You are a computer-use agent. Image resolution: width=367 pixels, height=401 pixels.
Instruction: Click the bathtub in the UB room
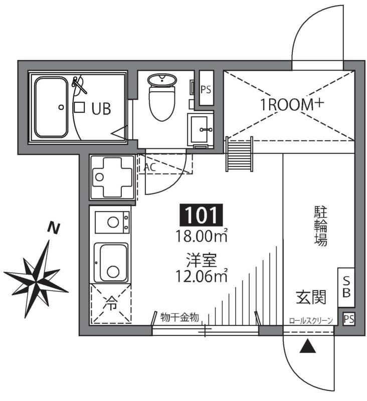(51, 107)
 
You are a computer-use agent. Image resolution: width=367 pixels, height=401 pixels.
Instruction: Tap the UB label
(100, 108)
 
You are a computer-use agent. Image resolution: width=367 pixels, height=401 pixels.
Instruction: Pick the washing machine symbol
(112, 176)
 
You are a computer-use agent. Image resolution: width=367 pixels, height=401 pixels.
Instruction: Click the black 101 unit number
(201, 216)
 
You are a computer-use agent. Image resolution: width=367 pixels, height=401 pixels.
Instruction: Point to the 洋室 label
(201, 261)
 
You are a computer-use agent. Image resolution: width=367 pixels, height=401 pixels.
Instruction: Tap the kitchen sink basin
(112, 264)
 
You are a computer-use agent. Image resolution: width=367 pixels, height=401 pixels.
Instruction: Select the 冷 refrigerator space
(110, 303)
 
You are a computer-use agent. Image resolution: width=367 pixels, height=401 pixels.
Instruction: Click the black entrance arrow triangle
(307, 346)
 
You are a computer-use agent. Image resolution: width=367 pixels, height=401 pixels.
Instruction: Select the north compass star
(37, 275)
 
